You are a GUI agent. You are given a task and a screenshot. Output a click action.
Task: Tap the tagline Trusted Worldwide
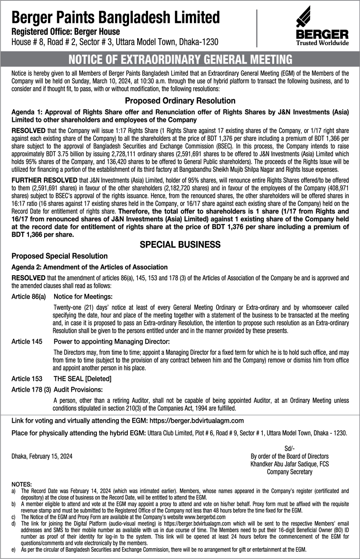point(322,43)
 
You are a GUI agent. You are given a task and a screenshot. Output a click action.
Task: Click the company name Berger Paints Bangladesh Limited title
point(116,18)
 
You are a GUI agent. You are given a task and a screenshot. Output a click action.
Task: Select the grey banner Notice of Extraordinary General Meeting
point(180,59)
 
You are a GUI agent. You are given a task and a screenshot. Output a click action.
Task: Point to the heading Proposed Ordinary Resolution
point(180,101)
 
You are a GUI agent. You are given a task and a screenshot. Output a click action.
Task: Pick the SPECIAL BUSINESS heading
point(180,245)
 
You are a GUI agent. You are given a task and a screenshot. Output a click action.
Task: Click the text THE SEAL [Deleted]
point(82,379)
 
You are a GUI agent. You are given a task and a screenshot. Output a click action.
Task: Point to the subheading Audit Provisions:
point(78,389)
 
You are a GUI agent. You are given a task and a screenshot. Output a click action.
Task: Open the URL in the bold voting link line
point(193,420)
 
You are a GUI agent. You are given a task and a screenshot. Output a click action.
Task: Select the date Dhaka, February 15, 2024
point(41,456)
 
